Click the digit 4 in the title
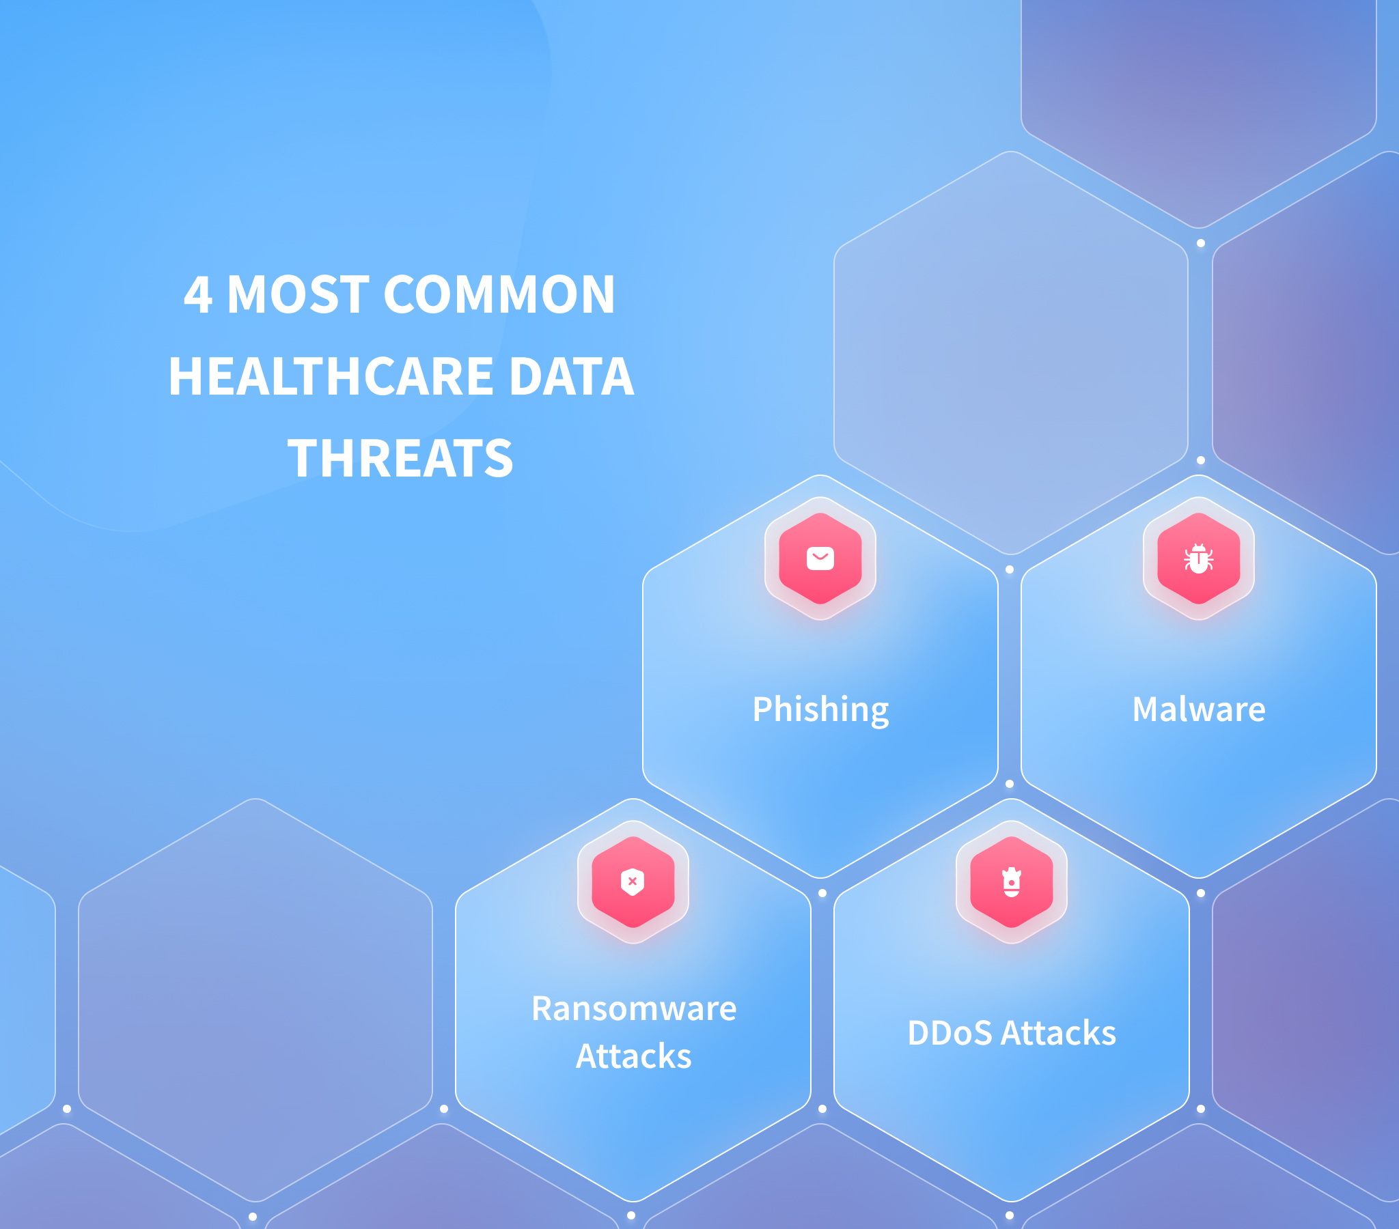(198, 295)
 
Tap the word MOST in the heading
(298, 295)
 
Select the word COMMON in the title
(499, 295)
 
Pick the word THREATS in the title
(400, 457)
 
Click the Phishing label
(820, 709)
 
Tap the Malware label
(1199, 709)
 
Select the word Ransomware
(634, 1008)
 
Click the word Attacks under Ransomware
(634, 1056)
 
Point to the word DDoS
(950, 1032)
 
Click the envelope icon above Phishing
(820, 559)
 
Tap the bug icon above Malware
(1198, 559)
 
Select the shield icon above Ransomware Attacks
(633, 881)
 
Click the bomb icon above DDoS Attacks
(1012, 882)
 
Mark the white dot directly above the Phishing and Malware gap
(1010, 569)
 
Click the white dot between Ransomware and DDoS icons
(822, 893)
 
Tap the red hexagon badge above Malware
(1198, 559)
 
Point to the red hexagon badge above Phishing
(820, 559)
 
